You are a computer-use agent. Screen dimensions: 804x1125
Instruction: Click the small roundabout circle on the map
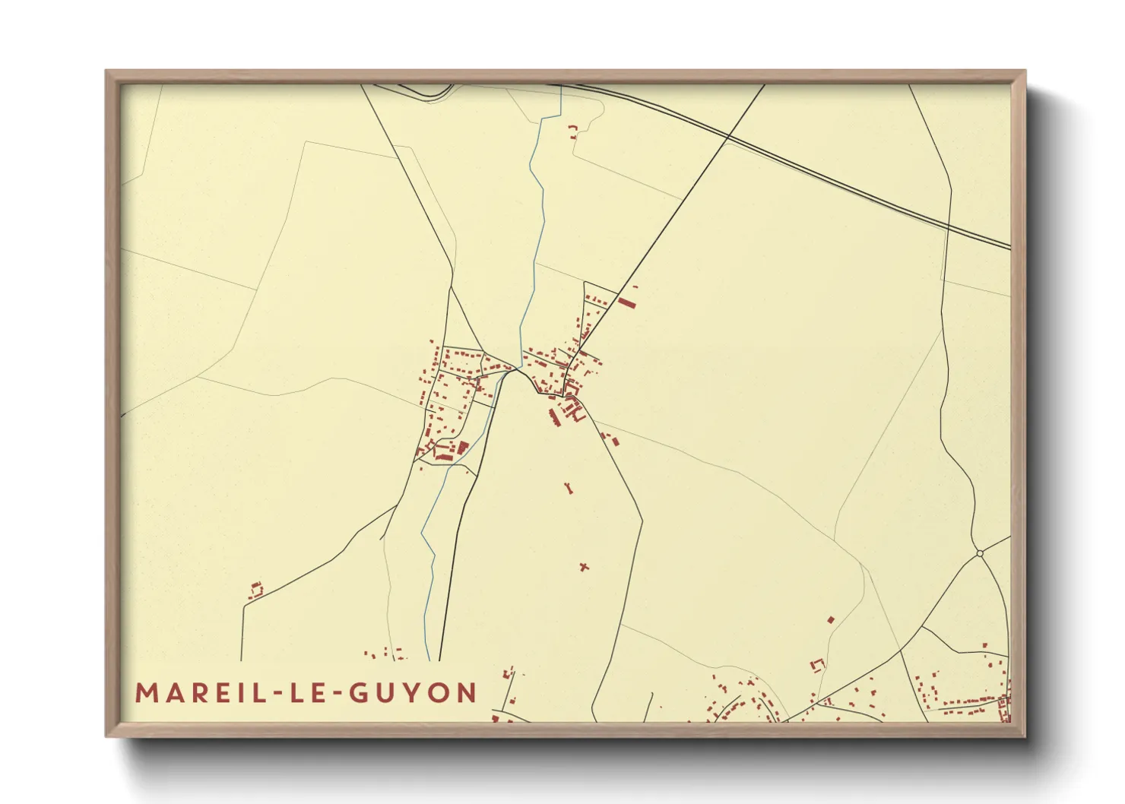[x=980, y=553]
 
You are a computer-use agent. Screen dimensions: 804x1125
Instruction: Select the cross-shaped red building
[x=584, y=566]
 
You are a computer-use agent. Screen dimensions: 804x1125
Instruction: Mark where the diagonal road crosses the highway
[x=729, y=136]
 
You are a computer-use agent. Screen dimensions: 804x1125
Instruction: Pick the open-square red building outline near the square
[x=818, y=666]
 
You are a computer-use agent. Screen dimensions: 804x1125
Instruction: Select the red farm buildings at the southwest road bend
[x=256, y=589]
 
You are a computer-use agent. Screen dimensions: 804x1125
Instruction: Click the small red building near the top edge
[x=573, y=131]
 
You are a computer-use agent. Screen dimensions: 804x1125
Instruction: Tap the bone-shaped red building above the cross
[x=568, y=487]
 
